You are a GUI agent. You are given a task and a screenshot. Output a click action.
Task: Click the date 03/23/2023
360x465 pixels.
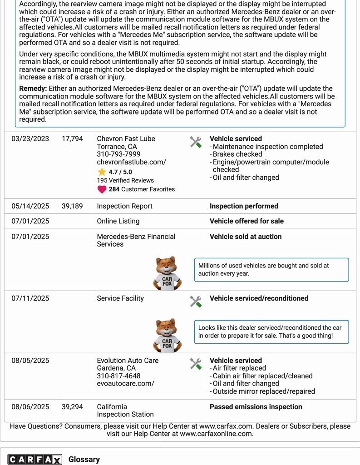coord(30,139)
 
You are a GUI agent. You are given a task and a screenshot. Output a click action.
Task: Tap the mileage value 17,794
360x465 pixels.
coord(72,139)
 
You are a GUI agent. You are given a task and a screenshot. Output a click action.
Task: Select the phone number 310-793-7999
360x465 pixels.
coord(118,154)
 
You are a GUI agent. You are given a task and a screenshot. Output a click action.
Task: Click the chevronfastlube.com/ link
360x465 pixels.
coord(131,162)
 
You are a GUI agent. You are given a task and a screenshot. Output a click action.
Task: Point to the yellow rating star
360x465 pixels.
coord(102,172)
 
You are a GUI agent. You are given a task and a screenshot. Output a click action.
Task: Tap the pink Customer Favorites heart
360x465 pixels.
coord(102,189)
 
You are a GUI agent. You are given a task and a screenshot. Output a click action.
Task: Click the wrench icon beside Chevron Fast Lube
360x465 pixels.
coord(196,142)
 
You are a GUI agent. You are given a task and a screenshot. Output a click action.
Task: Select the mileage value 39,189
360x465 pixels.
coord(72,206)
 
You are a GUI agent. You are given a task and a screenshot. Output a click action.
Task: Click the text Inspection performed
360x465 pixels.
coord(244,206)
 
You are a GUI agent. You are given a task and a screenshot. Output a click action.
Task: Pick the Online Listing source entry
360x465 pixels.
coord(118,221)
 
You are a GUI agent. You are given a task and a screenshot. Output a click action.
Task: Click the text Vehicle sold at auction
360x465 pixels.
coord(246,237)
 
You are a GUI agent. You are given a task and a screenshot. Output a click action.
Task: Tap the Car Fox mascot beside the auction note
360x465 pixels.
coord(167,273)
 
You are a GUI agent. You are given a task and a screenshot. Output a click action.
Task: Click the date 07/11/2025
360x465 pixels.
coord(30,298)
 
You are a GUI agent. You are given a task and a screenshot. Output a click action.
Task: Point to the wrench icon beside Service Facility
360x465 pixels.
coord(196,302)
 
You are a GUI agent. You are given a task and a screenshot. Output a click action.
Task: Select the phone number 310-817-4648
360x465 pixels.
coord(118,376)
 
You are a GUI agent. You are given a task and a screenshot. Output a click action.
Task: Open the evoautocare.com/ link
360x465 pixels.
coord(125,384)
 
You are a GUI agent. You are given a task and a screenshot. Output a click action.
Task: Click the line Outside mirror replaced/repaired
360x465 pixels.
coord(264,391)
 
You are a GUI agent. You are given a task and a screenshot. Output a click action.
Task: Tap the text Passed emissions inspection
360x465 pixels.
coord(256,407)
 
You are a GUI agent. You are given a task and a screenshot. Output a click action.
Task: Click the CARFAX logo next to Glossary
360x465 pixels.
coord(34,460)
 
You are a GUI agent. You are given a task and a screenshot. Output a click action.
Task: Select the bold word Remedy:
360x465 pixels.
coord(33,89)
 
